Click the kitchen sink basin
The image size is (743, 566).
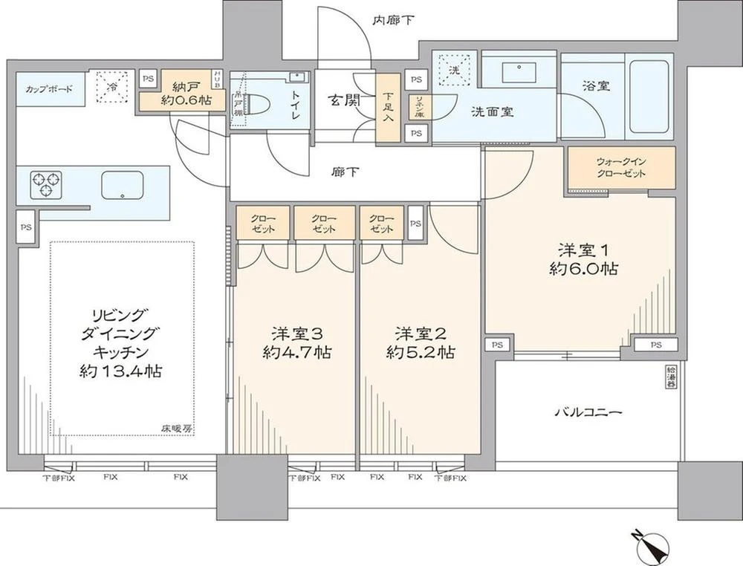(x=123, y=183)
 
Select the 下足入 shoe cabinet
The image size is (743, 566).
(x=388, y=109)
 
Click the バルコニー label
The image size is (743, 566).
(x=587, y=412)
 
